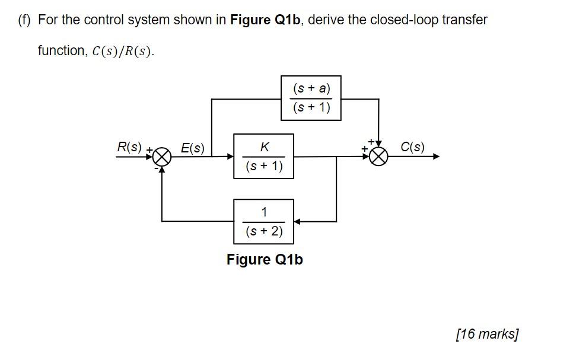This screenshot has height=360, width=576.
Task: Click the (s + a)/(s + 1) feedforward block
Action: pos(311,98)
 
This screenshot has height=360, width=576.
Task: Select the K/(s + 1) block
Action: pos(263,157)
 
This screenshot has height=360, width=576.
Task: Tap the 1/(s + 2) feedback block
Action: pos(263,221)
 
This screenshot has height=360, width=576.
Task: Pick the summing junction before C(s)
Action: pos(379,157)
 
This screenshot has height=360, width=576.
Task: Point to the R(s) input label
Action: pos(129,146)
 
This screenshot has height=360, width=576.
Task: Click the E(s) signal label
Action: pos(192,148)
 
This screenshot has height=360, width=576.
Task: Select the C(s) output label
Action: pos(412,146)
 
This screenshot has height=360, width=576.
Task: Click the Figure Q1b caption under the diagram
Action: pos(265,260)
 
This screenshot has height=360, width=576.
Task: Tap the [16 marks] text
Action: pos(487,334)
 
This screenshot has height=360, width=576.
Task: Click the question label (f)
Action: pos(24,20)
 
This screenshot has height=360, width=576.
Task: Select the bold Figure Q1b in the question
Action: pos(267,20)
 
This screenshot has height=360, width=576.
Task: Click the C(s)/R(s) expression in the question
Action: pos(123,51)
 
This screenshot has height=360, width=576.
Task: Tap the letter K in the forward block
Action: pos(264,146)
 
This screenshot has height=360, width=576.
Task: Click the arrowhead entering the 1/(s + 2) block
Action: pos(297,221)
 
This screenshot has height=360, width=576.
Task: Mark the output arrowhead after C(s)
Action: pos(437,157)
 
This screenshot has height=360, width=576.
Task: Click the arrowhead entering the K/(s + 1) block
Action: pos(230,157)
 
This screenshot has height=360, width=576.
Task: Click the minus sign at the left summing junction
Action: pos(155,168)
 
